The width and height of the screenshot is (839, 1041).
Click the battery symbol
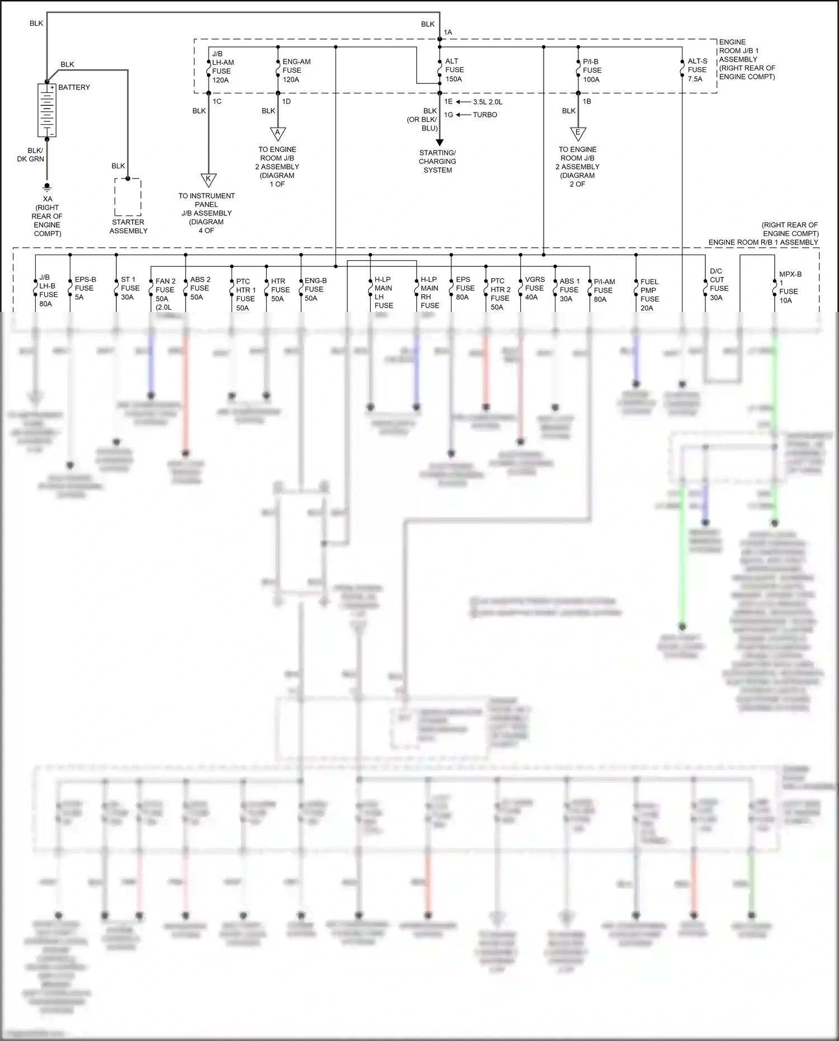click(47, 110)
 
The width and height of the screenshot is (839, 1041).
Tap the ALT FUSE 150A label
click(454, 70)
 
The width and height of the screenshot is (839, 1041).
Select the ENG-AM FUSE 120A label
click(296, 70)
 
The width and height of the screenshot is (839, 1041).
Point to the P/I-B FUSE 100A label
click(592, 70)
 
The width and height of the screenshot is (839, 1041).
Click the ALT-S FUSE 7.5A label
click(697, 70)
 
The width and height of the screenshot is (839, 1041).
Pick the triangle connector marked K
click(208, 180)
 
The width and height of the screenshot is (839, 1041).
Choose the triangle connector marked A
click(277, 134)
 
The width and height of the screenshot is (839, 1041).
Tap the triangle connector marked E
click(578, 134)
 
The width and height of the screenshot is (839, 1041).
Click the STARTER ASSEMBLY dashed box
click(128, 197)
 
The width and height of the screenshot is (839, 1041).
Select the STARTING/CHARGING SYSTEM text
click(437, 161)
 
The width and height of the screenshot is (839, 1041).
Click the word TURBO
click(485, 115)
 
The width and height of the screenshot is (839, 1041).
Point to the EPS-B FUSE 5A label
click(85, 288)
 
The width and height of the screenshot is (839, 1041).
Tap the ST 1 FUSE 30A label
click(130, 288)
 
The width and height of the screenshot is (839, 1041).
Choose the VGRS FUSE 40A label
click(534, 288)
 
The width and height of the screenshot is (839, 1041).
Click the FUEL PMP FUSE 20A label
click(649, 294)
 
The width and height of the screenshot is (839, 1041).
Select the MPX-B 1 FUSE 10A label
click(789, 287)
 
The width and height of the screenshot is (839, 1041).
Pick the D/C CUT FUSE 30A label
click(718, 284)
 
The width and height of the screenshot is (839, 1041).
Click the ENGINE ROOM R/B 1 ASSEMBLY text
click(763, 242)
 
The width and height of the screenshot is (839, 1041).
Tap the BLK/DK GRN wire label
click(31, 155)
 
